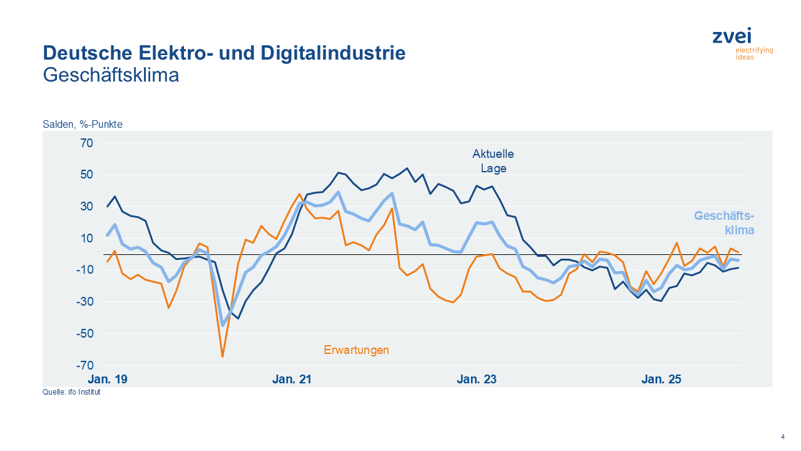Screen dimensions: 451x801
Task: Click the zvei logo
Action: coord(742,43)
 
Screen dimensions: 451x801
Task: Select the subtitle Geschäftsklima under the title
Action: coord(111,75)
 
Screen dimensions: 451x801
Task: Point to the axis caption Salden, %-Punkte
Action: coord(83,124)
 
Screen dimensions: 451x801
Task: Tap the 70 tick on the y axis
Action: coord(86,143)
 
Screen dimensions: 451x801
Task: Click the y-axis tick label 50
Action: coord(86,175)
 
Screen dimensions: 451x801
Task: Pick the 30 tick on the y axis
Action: coord(86,207)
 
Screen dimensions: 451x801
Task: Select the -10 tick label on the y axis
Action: coord(84,270)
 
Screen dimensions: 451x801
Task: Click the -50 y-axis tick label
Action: coord(84,334)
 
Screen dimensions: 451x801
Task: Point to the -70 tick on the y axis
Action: coord(84,366)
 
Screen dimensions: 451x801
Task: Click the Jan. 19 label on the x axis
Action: coord(108,380)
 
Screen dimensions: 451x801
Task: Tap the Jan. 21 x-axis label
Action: coord(292,380)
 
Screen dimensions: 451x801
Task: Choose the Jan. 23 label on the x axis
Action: coord(477,380)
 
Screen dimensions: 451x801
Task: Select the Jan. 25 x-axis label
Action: coord(661,380)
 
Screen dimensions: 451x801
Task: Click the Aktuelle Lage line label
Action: coord(493,161)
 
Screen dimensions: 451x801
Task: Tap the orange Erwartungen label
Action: coord(356,350)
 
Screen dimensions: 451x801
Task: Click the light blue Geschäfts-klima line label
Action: coord(724,223)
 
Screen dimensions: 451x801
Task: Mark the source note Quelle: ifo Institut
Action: coord(71,393)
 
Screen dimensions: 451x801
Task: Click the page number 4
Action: coord(783,437)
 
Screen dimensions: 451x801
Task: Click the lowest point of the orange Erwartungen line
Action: coord(222,356)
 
